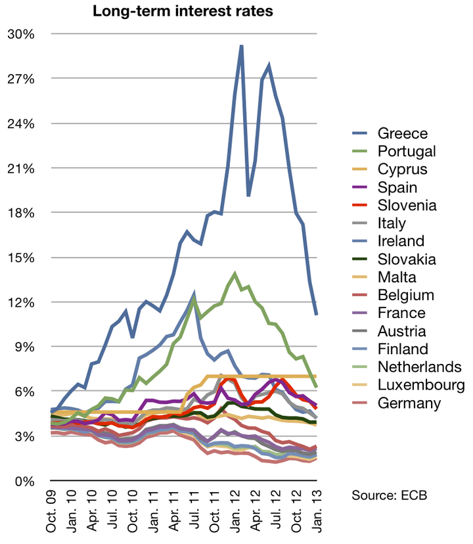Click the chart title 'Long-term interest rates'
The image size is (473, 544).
[183, 11]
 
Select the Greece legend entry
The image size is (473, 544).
[401, 134]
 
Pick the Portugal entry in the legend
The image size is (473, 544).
[407, 152]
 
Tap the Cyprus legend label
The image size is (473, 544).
[402, 170]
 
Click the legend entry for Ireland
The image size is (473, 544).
[401, 241]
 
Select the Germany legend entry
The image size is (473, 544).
[409, 403]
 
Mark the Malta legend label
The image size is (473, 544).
[396, 277]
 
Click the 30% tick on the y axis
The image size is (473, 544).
[20, 34]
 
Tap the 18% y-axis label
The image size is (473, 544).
[20, 213]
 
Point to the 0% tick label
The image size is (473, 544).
[24, 481]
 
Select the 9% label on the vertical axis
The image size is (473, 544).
[24, 347]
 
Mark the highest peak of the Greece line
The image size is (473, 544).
[241, 46]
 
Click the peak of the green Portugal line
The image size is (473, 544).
[235, 273]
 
